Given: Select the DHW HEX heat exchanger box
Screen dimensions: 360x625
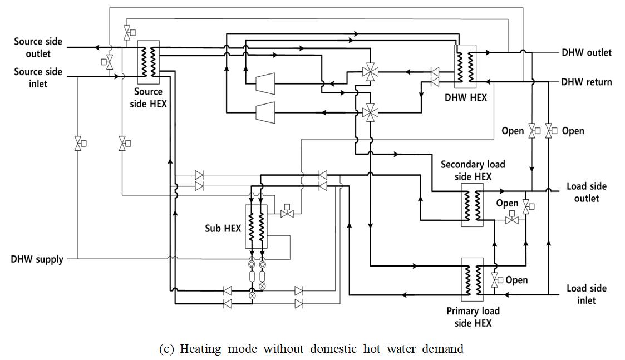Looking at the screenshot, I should point(466,66).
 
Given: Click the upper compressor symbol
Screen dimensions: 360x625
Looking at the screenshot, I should point(265,83).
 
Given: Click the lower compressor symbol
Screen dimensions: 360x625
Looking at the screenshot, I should point(265,112).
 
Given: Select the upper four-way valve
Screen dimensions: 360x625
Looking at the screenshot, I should point(368,71).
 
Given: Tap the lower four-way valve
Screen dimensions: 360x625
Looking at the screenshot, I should point(368,113).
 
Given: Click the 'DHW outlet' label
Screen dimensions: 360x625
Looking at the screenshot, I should point(586,52).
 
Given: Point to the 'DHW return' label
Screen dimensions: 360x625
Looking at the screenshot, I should point(586,82).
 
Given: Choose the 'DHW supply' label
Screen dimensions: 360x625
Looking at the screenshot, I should point(37,259).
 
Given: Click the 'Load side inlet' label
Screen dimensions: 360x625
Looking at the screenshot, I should point(586,294).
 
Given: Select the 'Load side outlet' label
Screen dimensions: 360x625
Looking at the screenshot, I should point(586,193).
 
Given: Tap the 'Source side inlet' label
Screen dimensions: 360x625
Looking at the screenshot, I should point(38,78).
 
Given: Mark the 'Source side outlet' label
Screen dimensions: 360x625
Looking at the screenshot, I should point(38,48).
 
